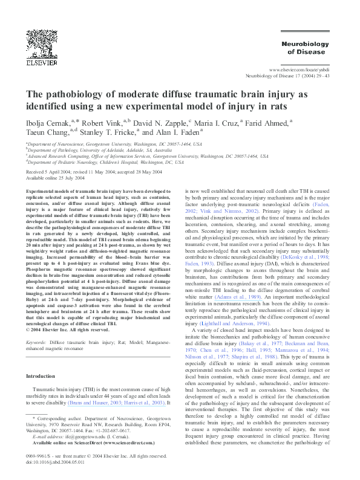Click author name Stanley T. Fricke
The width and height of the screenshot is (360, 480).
tap(108, 132)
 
